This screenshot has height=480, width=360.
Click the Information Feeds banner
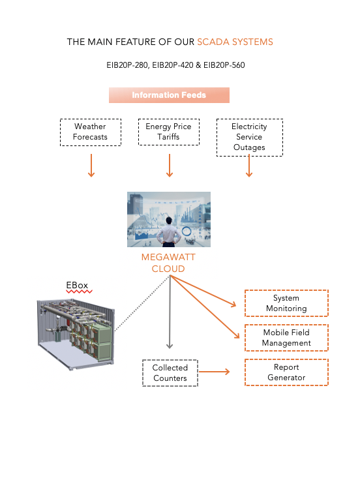(169, 95)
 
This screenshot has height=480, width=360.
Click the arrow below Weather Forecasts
(91, 165)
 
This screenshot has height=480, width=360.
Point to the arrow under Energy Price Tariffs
(170, 165)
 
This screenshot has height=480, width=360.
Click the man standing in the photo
(168, 232)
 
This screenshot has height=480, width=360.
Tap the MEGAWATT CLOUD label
(168, 263)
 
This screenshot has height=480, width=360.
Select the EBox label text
(77, 285)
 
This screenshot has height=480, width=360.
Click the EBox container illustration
(76, 334)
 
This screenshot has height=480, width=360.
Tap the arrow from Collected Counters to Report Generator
(215, 372)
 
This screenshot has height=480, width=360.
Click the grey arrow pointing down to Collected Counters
(170, 312)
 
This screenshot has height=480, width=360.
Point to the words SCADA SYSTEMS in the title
(235, 42)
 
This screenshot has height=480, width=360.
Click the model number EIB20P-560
(224, 65)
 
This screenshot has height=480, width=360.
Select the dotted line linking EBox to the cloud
(142, 303)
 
